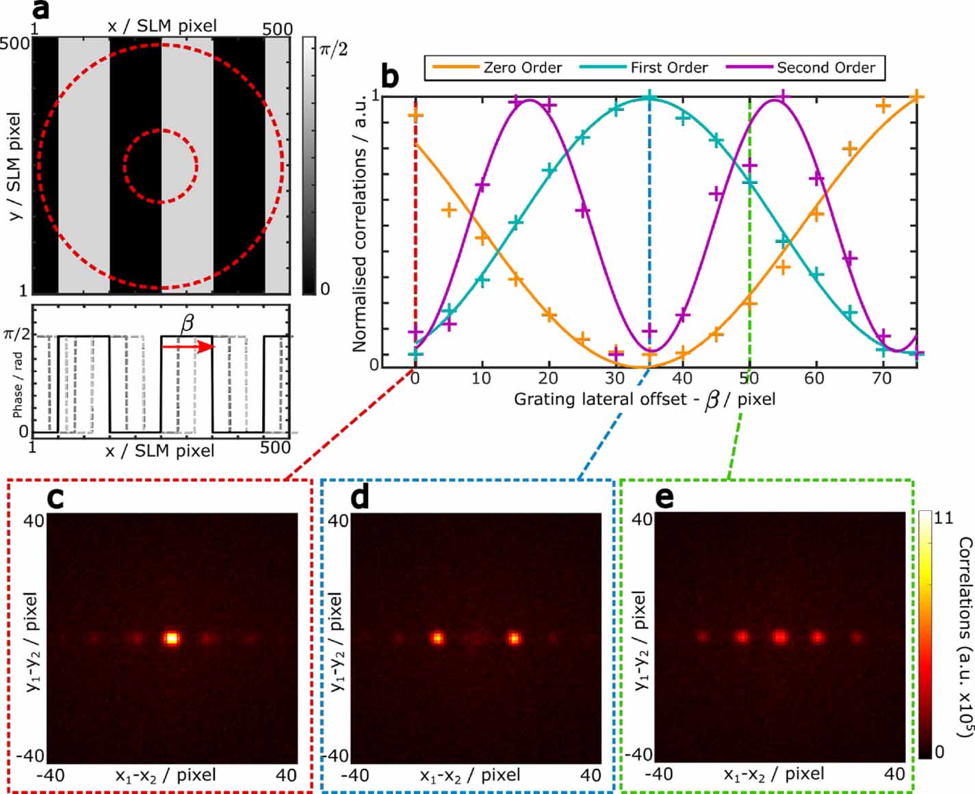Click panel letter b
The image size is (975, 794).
[389, 77]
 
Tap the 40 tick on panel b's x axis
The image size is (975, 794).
[681, 378]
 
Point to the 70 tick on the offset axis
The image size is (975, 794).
[882, 378]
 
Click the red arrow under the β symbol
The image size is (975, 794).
[189, 347]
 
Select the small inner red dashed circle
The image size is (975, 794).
[161, 166]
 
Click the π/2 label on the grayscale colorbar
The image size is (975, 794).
[333, 49]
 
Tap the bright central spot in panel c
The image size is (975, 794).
[172, 638]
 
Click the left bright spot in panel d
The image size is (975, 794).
[437, 638]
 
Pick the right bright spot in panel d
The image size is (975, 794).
[514, 638]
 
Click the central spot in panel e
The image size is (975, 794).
[779, 637]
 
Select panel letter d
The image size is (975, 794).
[360, 498]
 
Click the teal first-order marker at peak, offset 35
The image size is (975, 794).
[649, 97]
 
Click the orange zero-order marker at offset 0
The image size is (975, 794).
[415, 115]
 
